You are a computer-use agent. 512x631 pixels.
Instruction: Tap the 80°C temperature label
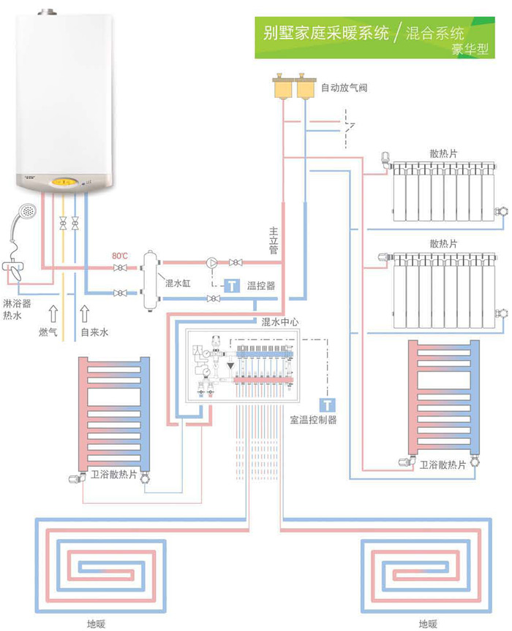click(x=119, y=256)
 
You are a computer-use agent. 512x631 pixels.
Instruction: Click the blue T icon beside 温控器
click(x=231, y=286)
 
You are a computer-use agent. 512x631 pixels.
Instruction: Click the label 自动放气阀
click(x=344, y=88)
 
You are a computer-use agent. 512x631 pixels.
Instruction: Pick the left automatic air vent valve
click(x=282, y=87)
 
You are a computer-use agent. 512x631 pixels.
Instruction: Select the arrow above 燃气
click(x=52, y=314)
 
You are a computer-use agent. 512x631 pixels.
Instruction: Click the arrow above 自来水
click(x=86, y=314)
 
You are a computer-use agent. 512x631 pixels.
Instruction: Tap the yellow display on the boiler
click(x=63, y=181)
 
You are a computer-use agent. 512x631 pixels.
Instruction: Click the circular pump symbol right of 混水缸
click(x=212, y=261)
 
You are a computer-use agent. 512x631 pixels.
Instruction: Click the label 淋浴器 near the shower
click(x=17, y=302)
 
